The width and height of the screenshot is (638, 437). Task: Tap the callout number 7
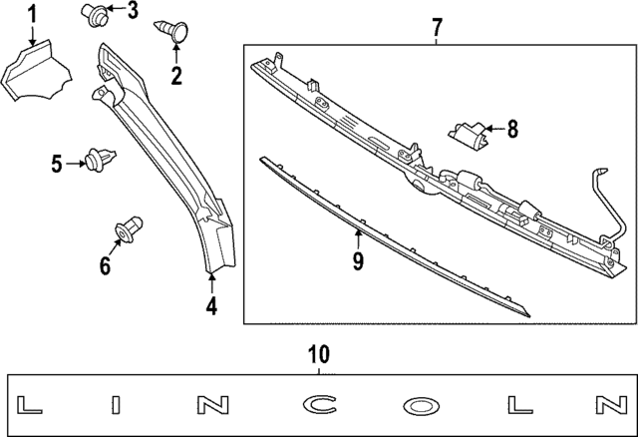pos(437,26)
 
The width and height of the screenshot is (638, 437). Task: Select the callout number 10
pos(318,354)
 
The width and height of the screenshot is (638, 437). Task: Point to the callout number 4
pos(211,307)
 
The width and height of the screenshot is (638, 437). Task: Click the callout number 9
pos(357,261)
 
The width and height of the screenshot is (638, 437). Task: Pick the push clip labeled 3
pos(95,14)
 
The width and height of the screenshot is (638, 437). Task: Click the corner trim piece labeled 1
pos(36,75)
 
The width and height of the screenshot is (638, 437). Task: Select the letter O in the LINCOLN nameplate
pos(419,405)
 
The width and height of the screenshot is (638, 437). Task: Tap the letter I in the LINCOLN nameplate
pos(116,405)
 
